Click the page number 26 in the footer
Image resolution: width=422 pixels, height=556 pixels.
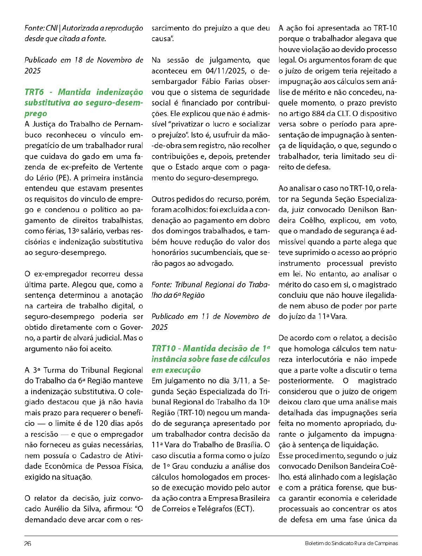click(28, 543)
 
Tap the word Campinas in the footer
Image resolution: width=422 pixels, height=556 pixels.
click(387, 543)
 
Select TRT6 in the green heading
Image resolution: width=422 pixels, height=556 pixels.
click(34, 92)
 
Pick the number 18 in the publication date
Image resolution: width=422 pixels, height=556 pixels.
click(78, 60)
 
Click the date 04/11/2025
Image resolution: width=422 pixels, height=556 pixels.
click(226, 71)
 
